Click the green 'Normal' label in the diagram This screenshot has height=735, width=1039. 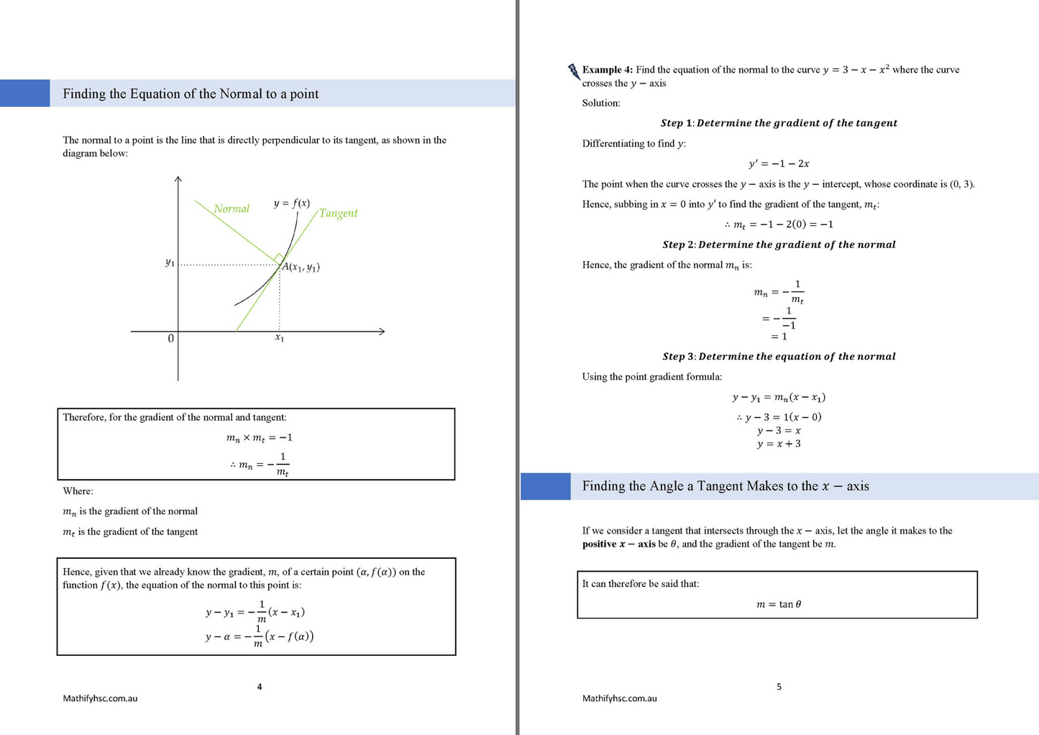click(231, 209)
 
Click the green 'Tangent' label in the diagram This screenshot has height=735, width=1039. click(338, 213)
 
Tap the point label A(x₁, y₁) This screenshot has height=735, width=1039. click(301, 268)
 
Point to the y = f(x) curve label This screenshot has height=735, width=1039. click(291, 203)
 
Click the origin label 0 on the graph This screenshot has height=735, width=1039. click(170, 338)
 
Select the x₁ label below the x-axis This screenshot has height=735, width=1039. click(280, 337)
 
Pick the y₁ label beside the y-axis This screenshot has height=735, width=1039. click(170, 262)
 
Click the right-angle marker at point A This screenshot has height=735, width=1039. click(278, 257)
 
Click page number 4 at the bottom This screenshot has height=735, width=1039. click(260, 687)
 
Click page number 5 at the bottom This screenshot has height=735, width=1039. click(779, 687)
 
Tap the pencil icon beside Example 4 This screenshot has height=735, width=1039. click(574, 70)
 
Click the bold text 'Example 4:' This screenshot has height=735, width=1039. click(607, 70)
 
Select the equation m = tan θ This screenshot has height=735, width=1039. click(779, 604)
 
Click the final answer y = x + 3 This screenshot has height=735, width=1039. click(779, 444)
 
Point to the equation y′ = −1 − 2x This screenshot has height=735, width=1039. click(779, 163)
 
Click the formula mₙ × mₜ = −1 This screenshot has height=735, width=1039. click(259, 437)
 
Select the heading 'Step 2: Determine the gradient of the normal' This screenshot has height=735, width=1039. click(779, 245)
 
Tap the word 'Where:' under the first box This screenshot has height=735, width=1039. click(78, 491)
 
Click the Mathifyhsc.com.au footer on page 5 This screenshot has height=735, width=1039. click(619, 698)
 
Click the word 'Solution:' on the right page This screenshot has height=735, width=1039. click(601, 103)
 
